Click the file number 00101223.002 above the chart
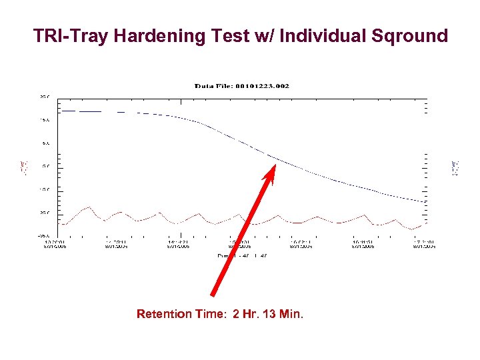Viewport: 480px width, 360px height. click(x=265, y=86)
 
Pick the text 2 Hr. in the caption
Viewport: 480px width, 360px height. click(x=245, y=313)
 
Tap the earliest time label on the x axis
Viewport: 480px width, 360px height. click(x=55, y=244)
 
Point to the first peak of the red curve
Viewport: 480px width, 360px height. click(x=89, y=207)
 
